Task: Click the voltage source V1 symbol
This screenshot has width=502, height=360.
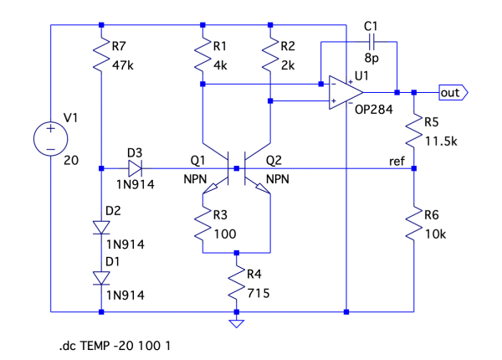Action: tap(51, 137)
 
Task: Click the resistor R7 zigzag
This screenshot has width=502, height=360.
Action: tap(101, 56)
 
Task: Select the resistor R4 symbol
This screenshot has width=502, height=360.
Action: tap(237, 281)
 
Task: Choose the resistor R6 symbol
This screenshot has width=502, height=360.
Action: tap(414, 223)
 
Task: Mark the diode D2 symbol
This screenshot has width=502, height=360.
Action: tap(101, 227)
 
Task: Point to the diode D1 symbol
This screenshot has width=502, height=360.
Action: tap(101, 278)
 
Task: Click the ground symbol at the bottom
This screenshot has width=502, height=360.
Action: tap(237, 321)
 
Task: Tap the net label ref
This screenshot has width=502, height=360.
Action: tap(398, 160)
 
